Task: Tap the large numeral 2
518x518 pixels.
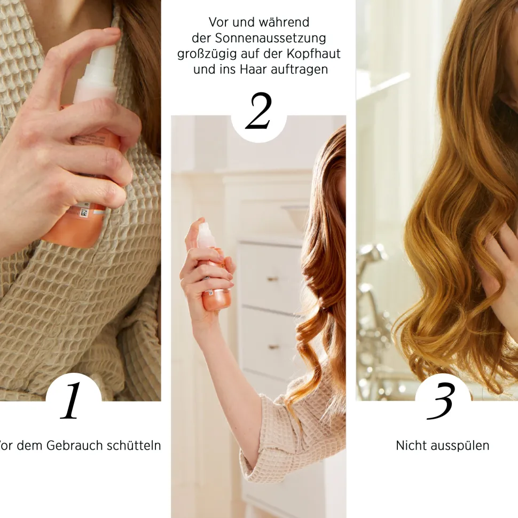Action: pyautogui.click(x=258, y=111)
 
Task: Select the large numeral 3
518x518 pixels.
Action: pyautogui.click(x=441, y=401)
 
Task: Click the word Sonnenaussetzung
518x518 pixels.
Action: pyautogui.click(x=270, y=38)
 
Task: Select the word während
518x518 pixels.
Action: pyautogui.click(x=284, y=22)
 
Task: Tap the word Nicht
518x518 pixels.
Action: pyautogui.click(x=410, y=445)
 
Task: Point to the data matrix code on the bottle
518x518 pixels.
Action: pyautogui.click(x=84, y=213)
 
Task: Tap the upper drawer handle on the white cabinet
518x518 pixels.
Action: pyautogui.click(x=273, y=279)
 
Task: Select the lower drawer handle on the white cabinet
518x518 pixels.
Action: pyautogui.click(x=273, y=347)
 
